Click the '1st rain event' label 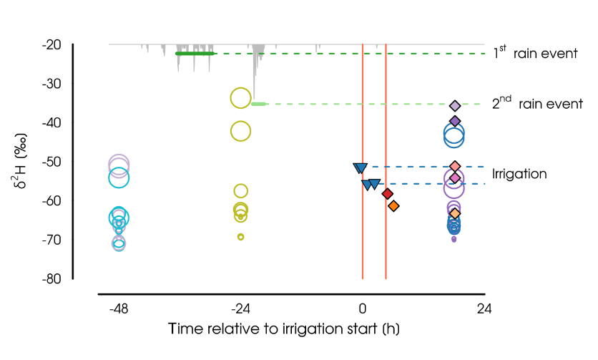[535, 54]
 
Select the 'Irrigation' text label [519, 174]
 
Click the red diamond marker [388, 194]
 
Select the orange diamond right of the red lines [393, 206]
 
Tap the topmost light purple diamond [455, 106]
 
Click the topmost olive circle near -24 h [240, 98]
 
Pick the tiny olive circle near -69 [241, 237]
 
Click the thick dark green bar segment [195, 54]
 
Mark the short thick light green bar [259, 104]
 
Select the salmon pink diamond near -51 [455, 166]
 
